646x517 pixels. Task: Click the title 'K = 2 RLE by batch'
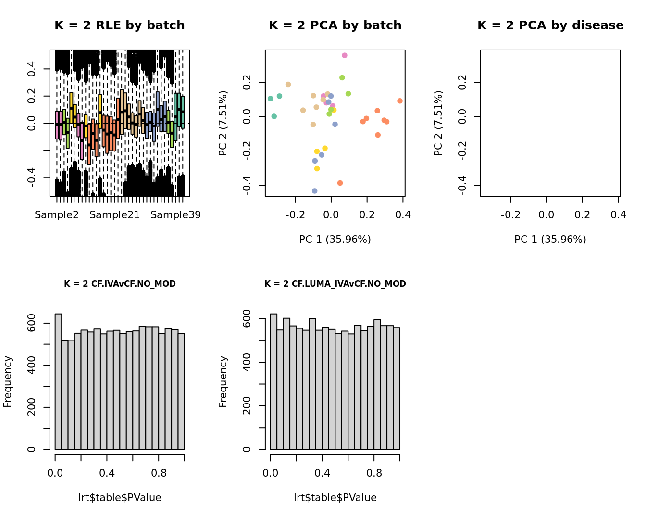pos(119,25)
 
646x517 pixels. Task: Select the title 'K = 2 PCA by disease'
pos(550,25)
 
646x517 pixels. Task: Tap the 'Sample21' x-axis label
pos(114,215)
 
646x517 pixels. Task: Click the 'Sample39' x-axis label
pos(175,215)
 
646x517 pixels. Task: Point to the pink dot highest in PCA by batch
pos(345,56)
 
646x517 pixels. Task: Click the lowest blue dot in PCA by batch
pos(315,191)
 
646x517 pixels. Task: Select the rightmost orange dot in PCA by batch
pos(400,101)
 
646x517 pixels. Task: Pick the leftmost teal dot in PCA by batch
pos(271,99)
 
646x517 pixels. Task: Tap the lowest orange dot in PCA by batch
pos(340,183)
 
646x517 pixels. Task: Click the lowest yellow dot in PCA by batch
pos(317,169)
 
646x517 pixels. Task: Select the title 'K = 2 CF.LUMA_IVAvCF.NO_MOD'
pos(335,284)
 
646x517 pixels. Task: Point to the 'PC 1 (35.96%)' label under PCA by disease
pos(550,240)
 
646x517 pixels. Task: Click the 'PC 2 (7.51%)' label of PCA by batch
pos(223,124)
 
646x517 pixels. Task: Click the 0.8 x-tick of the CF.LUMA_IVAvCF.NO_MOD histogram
pos(374,473)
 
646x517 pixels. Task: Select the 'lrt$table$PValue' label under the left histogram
pos(120,498)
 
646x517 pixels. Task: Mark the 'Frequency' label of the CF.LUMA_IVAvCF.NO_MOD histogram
pos(223,381)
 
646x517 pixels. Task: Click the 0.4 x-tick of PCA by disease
pos(619,215)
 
